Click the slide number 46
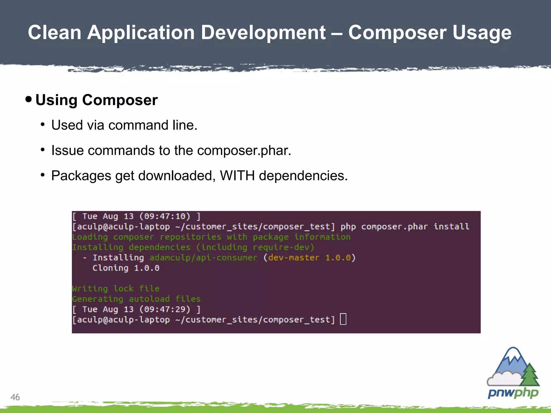pyautogui.click(x=15, y=397)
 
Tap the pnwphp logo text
pyautogui.click(x=513, y=393)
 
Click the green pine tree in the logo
pyautogui.click(x=529, y=375)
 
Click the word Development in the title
pyautogui.click(x=263, y=33)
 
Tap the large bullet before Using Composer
pyautogui.click(x=29, y=99)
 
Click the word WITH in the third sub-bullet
pyautogui.click(x=237, y=176)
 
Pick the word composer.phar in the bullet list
pyautogui.click(x=244, y=150)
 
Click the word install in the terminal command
pyautogui.click(x=451, y=226)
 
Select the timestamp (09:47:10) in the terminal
pyautogui.click(x=165, y=216)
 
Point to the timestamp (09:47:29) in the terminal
pyautogui.click(x=165, y=309)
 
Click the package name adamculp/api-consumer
pyautogui.click(x=203, y=258)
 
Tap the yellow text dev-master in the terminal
pyautogui.click(x=294, y=258)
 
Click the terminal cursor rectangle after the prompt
pyautogui.click(x=343, y=319)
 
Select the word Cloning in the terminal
pyautogui.click(x=110, y=268)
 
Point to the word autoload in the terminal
pyautogui.click(x=149, y=299)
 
